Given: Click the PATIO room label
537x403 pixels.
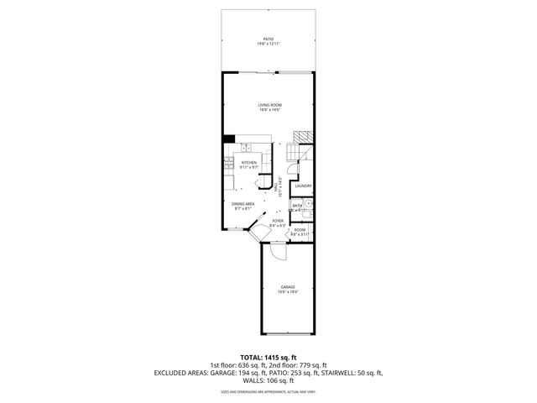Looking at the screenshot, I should [268, 39].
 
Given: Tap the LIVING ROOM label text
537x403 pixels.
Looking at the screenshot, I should [268, 105].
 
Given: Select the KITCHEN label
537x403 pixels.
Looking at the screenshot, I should [249, 163].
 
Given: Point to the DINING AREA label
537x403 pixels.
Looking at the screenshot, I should [244, 204].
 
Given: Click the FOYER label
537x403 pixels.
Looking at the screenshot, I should [277, 221].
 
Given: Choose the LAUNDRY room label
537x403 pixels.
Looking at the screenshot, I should [303, 186].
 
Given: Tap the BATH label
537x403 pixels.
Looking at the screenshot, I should [297, 205].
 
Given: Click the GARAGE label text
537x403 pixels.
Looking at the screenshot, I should [288, 287].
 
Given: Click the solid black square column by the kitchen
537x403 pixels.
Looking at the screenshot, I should [228, 139].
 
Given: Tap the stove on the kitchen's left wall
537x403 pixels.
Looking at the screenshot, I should [228, 167].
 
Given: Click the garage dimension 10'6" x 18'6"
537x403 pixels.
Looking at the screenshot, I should [288, 292].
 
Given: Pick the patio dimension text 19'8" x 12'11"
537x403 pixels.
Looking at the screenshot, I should [268, 44].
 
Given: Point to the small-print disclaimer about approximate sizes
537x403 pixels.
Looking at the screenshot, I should [268, 391].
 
